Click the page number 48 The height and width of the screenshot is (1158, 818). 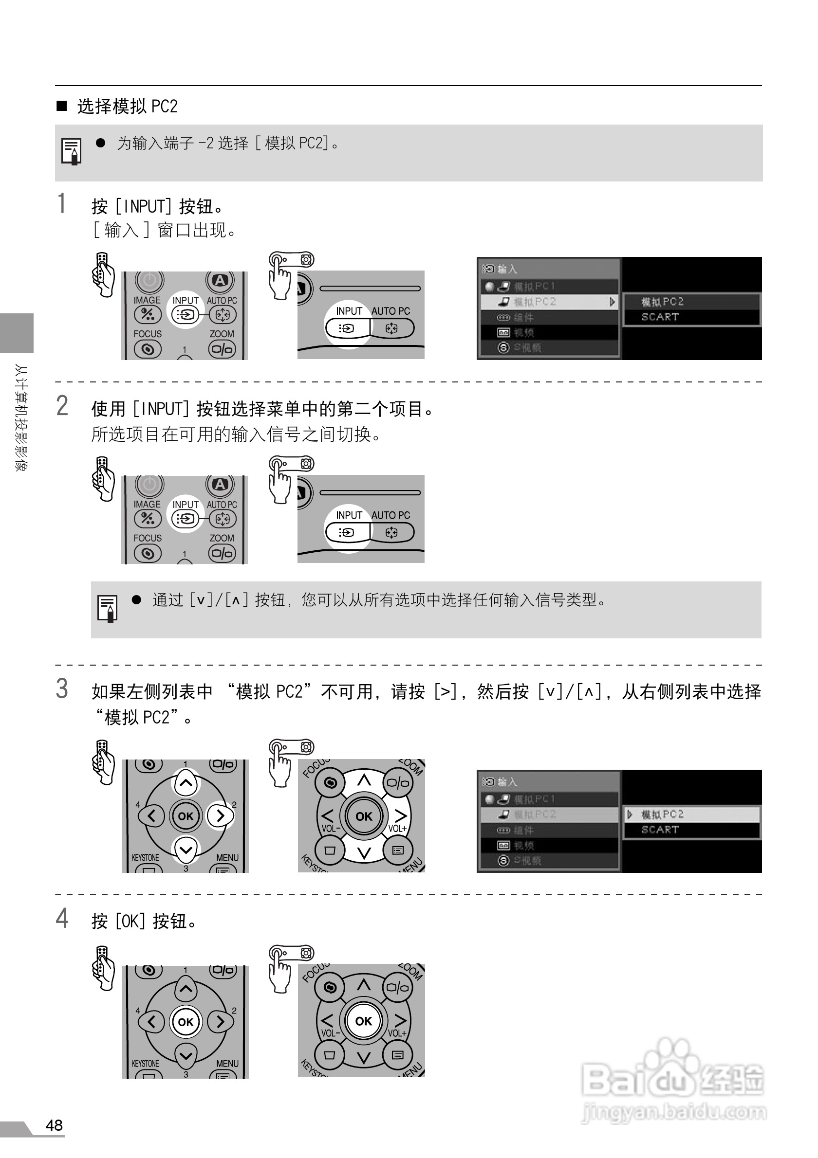[x=54, y=1125]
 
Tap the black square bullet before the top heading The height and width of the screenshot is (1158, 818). [x=61, y=106]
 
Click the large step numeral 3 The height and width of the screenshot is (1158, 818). [x=62, y=688]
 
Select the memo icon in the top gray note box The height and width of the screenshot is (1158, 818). [x=71, y=151]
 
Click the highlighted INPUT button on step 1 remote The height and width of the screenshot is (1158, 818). [x=185, y=315]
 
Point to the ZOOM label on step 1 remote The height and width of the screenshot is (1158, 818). [x=222, y=334]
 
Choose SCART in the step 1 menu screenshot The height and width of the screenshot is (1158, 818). [x=660, y=317]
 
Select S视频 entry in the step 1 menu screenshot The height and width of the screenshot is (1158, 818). [x=527, y=347]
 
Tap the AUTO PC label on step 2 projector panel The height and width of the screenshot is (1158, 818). [x=390, y=515]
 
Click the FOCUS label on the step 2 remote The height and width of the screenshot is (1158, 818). [x=148, y=538]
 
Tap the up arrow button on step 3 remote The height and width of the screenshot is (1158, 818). [x=186, y=783]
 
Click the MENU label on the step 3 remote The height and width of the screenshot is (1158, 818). [x=227, y=857]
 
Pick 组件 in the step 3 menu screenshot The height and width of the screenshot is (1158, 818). [x=523, y=830]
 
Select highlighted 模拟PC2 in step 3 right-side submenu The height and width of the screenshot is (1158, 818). [x=662, y=814]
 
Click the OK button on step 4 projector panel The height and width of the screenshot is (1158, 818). [x=363, y=1021]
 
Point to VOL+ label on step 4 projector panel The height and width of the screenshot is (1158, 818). [x=397, y=1033]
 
